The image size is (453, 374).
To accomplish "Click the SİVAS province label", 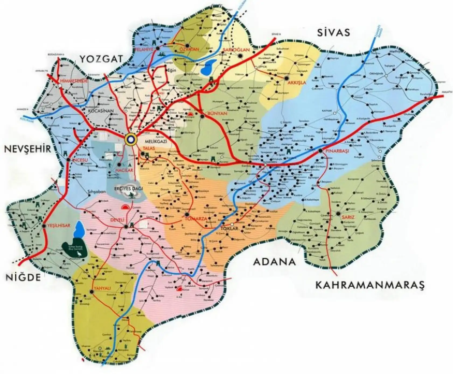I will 333,33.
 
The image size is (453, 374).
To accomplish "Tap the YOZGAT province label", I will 101,59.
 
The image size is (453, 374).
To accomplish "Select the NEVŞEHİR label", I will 27,149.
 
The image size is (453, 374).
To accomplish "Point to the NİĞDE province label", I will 23,277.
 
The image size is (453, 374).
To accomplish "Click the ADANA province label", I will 274,262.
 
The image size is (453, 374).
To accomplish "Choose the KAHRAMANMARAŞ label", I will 370,285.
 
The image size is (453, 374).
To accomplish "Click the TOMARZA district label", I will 196,219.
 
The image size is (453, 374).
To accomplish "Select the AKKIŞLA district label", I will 297,83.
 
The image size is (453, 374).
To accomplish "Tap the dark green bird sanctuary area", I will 74,249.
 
